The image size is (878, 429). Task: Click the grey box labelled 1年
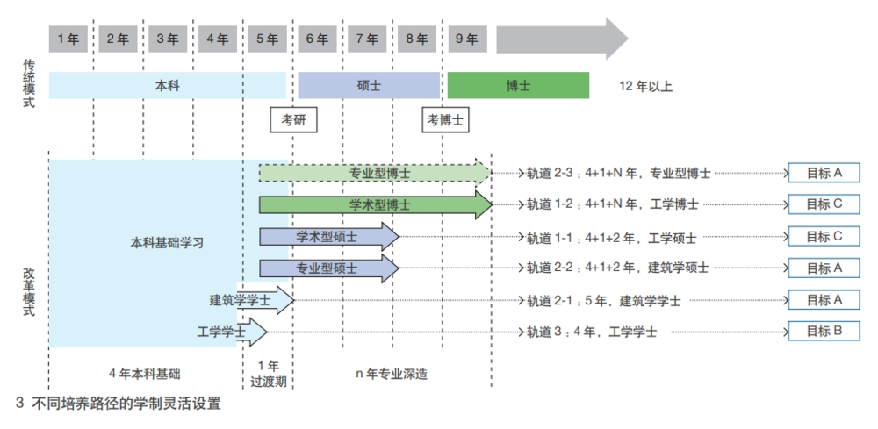pyautogui.click(x=68, y=39)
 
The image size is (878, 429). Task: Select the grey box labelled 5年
pyautogui.click(x=268, y=39)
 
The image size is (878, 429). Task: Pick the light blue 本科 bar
pyautogui.click(x=167, y=85)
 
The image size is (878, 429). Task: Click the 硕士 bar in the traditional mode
pyautogui.click(x=368, y=85)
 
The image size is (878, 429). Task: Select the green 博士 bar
pyautogui.click(x=518, y=85)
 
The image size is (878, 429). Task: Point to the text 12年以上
pyautogui.click(x=645, y=86)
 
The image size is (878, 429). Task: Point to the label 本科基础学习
pyautogui.click(x=167, y=242)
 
